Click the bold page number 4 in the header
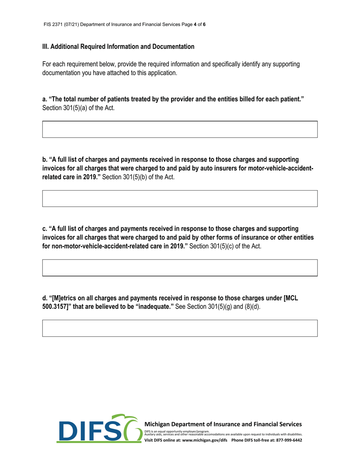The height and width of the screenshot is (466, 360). pos(194,25)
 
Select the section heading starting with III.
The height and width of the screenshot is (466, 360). pos(118,47)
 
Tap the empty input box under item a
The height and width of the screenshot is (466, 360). pos(180,129)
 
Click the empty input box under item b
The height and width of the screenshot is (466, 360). pos(180,199)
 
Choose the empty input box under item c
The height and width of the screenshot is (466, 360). pos(180,267)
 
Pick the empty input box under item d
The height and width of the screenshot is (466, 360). pos(180,328)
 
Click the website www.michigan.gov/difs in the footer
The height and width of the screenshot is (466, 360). pos(205,441)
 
